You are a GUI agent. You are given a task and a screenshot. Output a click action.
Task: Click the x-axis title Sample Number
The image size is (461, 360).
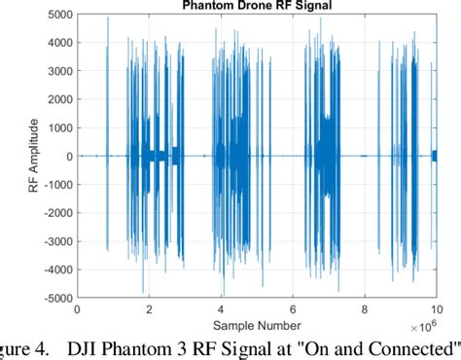(258, 325)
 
